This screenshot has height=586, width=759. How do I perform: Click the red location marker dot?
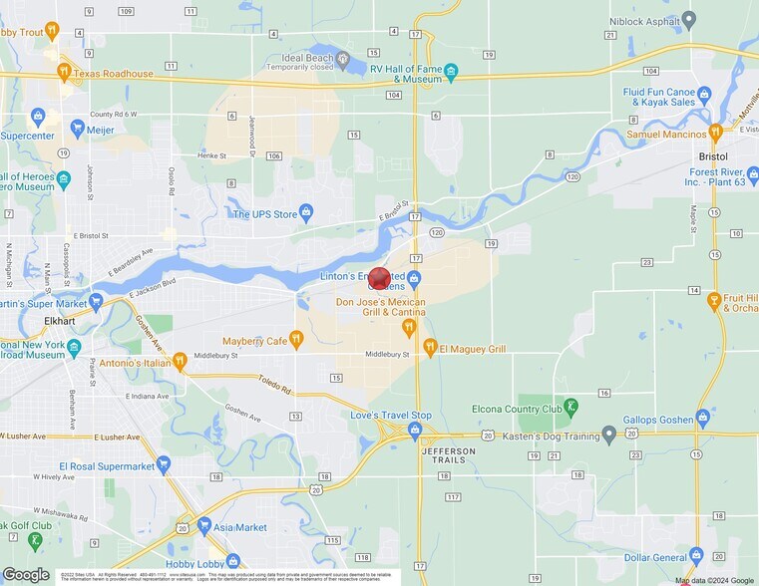tap(379, 278)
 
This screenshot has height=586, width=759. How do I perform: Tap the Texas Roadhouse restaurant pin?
tap(64, 72)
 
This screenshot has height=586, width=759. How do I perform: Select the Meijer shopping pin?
tap(77, 127)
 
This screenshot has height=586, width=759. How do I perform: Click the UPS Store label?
tap(265, 213)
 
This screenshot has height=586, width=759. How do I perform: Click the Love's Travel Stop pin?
tap(416, 431)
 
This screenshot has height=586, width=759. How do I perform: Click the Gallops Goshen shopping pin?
tap(703, 417)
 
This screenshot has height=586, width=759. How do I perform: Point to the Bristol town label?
tap(713, 156)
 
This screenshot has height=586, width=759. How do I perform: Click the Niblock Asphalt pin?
tap(688, 20)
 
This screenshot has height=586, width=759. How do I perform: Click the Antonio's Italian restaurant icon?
tap(180, 361)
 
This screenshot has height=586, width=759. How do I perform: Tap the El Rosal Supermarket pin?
tap(164, 464)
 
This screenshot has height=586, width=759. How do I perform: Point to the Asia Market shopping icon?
tap(203, 524)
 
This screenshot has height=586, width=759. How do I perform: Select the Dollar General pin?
tap(696, 555)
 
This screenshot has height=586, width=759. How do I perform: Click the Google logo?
tap(26, 575)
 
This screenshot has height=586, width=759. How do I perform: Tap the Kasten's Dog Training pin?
tap(607, 435)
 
